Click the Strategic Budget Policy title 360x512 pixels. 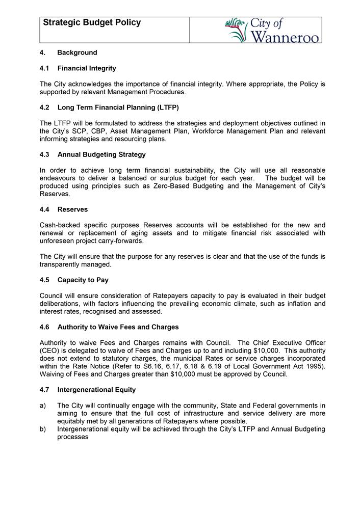point(92,23)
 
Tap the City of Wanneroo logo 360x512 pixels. point(272,30)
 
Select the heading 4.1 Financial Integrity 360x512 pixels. point(78,68)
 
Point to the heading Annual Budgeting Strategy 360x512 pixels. point(101,154)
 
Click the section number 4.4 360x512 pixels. point(45,209)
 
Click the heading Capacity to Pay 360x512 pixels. point(83,280)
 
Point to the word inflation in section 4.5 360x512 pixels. point(296,304)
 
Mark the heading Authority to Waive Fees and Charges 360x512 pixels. point(118,327)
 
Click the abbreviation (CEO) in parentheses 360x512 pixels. point(51,351)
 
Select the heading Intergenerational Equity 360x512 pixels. point(96,390)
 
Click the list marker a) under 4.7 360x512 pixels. point(43,406)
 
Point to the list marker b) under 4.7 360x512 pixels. point(43,429)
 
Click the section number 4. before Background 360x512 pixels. point(43,52)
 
